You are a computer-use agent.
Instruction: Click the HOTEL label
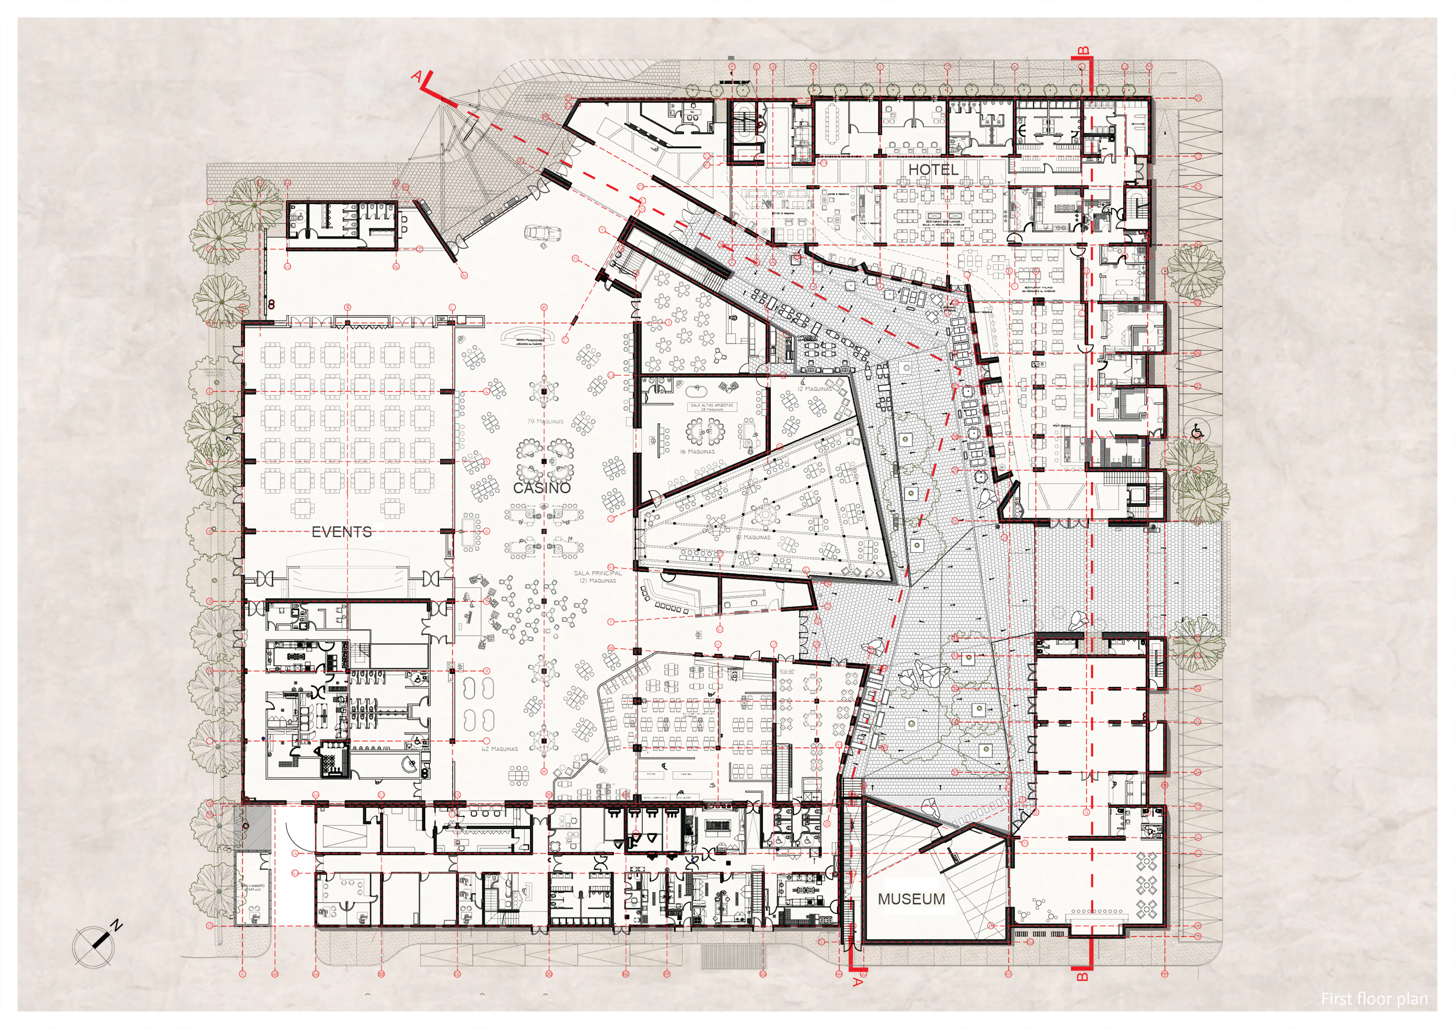coord(933,170)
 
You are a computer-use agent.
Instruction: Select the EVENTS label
coord(341,532)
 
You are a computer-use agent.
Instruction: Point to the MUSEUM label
coord(911,899)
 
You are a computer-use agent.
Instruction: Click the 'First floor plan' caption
coord(1374,999)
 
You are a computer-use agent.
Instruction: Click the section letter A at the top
coord(417,76)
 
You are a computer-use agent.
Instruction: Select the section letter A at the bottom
coord(857,982)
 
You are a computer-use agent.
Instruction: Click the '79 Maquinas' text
coord(545,421)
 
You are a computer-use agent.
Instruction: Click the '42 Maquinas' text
coord(499,749)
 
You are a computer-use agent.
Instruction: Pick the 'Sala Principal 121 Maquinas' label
coord(598,577)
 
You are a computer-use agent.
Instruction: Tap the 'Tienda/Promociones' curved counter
coord(530,337)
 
